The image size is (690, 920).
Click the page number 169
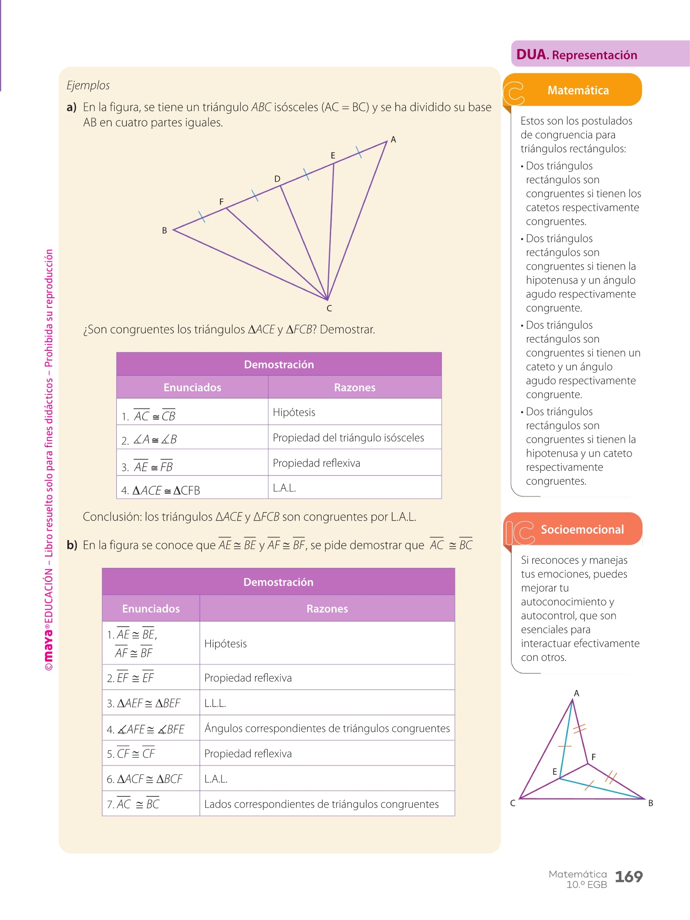point(628,876)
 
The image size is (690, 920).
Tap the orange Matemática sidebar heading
point(578,90)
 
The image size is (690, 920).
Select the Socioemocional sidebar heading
point(582,529)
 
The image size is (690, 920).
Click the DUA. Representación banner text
point(576,55)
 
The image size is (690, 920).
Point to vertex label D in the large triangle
point(277,179)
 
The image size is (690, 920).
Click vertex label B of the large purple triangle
point(164,230)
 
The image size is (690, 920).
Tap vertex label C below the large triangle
point(329,308)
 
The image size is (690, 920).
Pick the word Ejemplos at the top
point(88,85)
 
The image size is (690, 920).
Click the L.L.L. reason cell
point(215,703)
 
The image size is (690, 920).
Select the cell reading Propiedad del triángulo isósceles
point(348,438)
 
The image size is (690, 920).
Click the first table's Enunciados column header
point(192,387)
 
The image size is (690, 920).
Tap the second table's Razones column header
point(327,609)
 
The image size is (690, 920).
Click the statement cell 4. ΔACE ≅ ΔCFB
point(161,490)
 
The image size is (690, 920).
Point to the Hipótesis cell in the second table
point(226,644)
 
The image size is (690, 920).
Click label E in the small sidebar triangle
point(555,772)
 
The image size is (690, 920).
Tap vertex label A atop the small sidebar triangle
point(577,693)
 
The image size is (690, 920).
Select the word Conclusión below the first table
point(112,517)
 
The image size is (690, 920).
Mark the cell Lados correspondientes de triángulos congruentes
point(321,804)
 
